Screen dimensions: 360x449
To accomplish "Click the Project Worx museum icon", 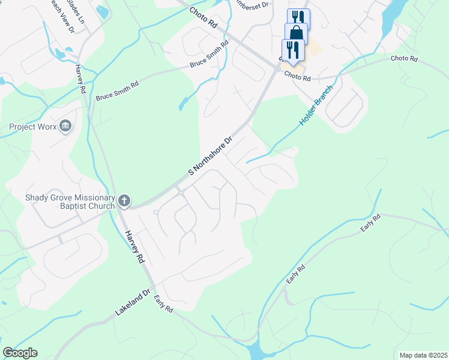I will pyautogui.click(x=65, y=126).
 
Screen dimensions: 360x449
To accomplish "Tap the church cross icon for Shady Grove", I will pyautogui.click(x=124, y=200).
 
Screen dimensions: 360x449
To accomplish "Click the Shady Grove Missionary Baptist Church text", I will pyautogui.click(x=70, y=202).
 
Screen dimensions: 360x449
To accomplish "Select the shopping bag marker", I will pyautogui.click(x=297, y=33).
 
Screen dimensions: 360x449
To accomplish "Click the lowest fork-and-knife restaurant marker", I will pyautogui.click(x=293, y=49).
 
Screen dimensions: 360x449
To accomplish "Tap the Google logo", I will pyautogui.click(x=20, y=353).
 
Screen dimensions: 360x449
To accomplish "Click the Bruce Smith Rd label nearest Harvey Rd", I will pyautogui.click(x=117, y=91).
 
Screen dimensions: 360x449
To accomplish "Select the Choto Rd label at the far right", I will pyautogui.click(x=403, y=59).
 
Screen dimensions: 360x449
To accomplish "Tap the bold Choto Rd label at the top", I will pyautogui.click(x=202, y=19).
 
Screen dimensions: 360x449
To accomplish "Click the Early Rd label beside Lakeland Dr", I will pyautogui.click(x=163, y=304).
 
